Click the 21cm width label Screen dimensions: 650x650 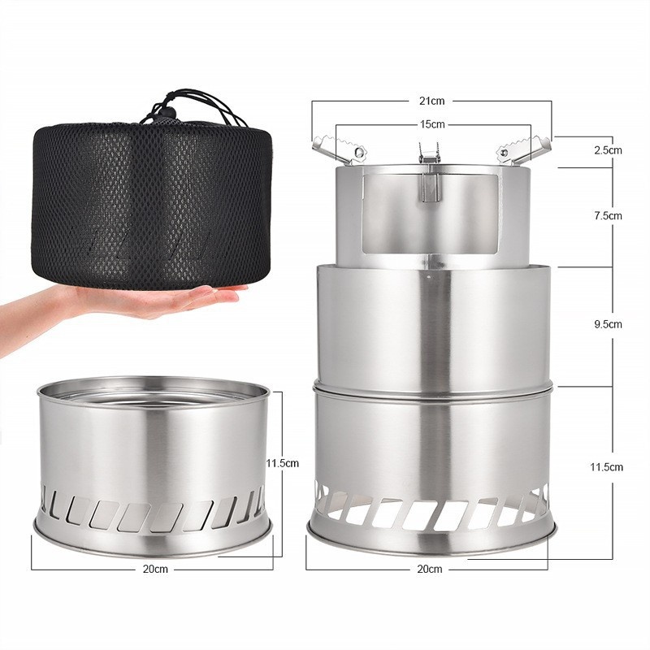tap(432, 101)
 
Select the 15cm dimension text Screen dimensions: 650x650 tap(432, 124)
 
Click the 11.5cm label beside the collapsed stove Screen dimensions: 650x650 tap(283, 463)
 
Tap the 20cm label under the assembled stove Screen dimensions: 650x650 tap(430, 569)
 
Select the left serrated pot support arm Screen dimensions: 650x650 tap(340, 148)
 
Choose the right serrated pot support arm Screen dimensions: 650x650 tap(525, 148)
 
